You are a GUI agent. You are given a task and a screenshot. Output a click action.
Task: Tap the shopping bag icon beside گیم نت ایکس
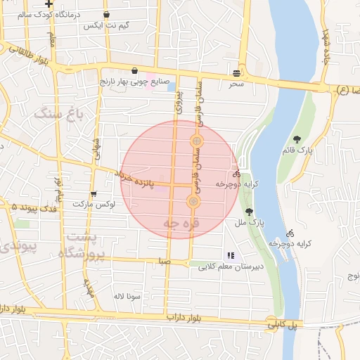tap(106, 14)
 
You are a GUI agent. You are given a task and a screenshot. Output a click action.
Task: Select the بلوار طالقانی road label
tap(28, 53)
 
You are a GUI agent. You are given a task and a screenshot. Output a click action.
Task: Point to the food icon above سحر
tap(237, 72)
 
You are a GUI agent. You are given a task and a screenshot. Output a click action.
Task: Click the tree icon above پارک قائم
tap(297, 139)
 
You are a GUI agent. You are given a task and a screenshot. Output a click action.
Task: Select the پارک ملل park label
tap(250, 222)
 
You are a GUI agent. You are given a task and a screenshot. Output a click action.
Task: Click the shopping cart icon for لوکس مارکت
tap(94, 195)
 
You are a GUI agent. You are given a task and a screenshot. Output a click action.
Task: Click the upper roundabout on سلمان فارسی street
tap(198, 142)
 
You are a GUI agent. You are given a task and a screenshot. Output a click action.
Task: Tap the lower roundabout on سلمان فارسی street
tap(194, 202)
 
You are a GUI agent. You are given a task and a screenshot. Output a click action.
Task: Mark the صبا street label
tap(165, 260)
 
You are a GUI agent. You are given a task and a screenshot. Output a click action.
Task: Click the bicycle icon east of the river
tap(290, 233)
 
